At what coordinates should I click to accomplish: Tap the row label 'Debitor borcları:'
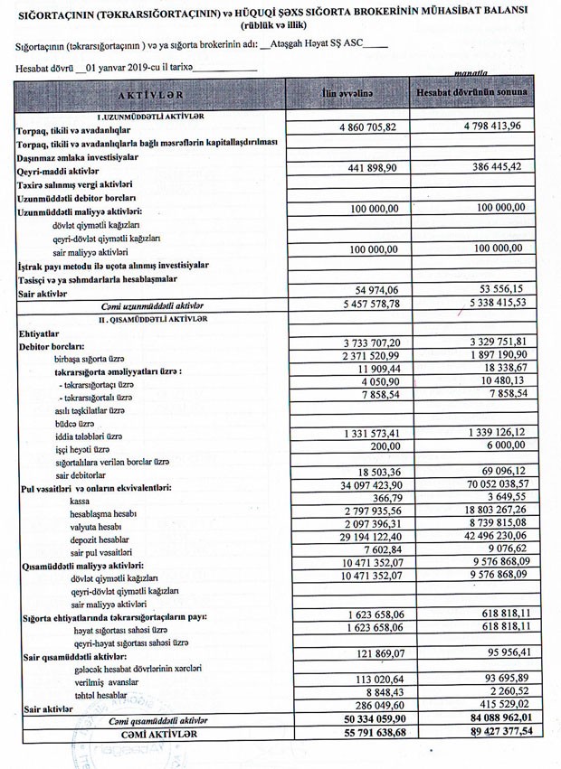pos(52,346)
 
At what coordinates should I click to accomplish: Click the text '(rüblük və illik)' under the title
pos(281,24)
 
